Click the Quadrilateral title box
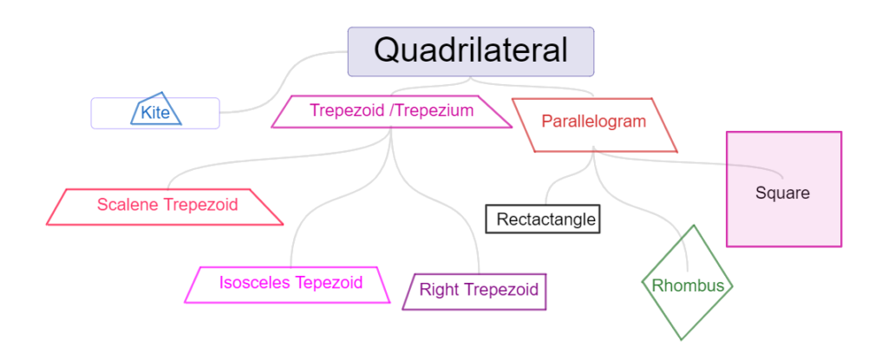coord(471,51)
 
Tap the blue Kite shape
coord(156,108)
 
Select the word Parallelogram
coord(593,121)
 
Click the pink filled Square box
coord(784,189)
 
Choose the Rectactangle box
coord(543,219)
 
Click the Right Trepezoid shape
coord(474,292)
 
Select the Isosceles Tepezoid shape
coord(288,285)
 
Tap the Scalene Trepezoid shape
coord(164,207)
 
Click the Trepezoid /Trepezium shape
coord(391,112)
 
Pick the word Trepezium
coord(434,110)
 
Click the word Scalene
coord(128,205)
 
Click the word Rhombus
coord(688,285)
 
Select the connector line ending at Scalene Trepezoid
coord(271,157)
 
